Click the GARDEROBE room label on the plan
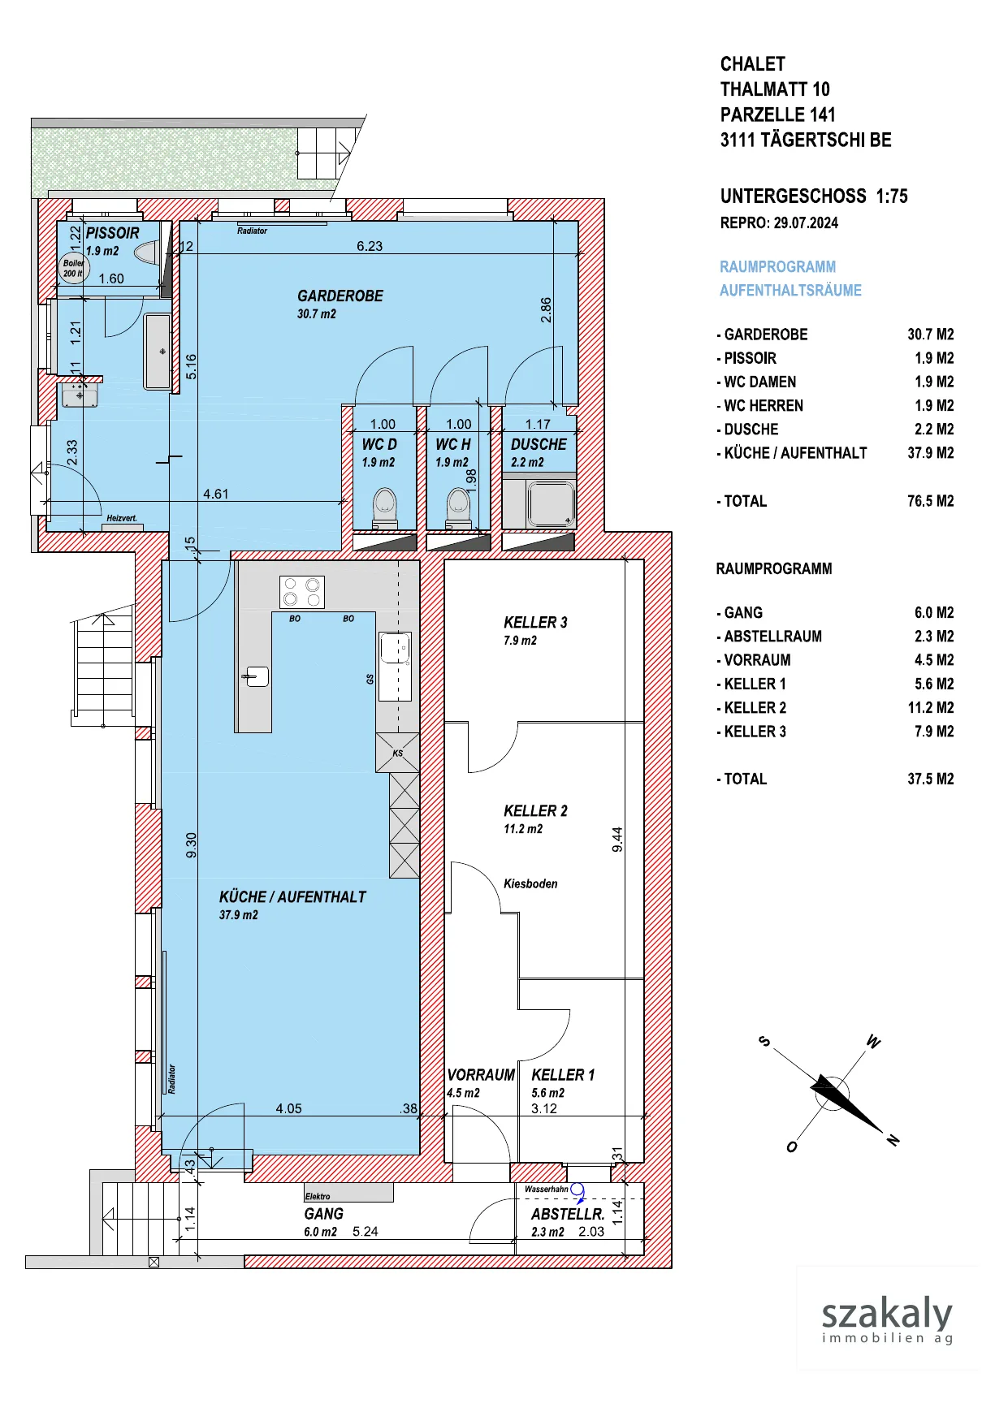(x=340, y=296)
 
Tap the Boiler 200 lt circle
(x=73, y=268)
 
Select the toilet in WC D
(x=384, y=508)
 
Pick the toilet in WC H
(x=459, y=508)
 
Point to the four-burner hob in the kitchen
(x=301, y=592)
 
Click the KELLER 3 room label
(x=535, y=623)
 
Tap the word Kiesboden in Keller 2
(x=530, y=883)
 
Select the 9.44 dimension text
(x=617, y=840)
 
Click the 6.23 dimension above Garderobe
(x=370, y=246)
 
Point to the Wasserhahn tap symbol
(x=578, y=1190)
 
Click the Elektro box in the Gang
(x=348, y=1192)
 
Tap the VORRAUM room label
(x=481, y=1075)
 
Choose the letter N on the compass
(x=893, y=1140)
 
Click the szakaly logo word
(x=887, y=1313)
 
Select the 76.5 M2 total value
(x=931, y=501)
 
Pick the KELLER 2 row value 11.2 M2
(x=931, y=707)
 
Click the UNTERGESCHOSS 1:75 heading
(x=814, y=196)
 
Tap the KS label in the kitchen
(x=398, y=754)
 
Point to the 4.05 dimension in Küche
(x=288, y=1108)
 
